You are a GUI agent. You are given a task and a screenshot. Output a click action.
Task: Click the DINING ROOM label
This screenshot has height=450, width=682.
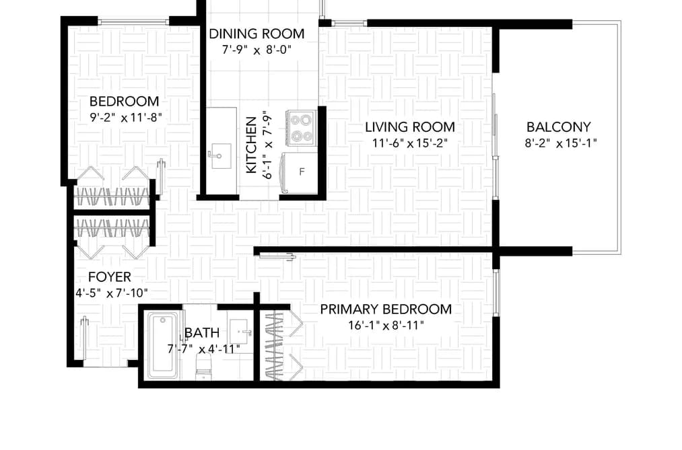pyautogui.click(x=257, y=34)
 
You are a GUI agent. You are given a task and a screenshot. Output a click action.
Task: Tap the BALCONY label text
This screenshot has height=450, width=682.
pyautogui.click(x=559, y=127)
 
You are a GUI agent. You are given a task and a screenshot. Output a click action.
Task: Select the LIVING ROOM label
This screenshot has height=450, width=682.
pyautogui.click(x=410, y=127)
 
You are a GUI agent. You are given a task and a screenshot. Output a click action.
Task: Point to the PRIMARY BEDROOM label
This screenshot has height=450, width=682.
pyautogui.click(x=386, y=309)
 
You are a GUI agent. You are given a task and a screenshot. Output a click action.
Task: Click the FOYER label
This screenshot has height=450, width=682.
pyautogui.click(x=110, y=276)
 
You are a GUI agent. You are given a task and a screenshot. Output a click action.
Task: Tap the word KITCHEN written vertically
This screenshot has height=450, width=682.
pyautogui.click(x=251, y=145)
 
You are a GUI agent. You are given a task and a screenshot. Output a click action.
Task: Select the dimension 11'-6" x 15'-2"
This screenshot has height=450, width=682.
pyautogui.click(x=410, y=143)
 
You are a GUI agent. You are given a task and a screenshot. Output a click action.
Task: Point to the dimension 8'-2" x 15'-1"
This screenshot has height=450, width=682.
pyautogui.click(x=561, y=143)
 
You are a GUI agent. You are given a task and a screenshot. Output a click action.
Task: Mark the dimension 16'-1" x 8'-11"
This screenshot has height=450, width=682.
pyautogui.click(x=386, y=325)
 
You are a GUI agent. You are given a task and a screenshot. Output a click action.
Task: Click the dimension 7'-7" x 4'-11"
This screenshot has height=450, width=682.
pyautogui.click(x=203, y=349)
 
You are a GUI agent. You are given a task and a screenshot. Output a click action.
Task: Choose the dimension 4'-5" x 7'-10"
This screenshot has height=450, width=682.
pyautogui.click(x=112, y=293)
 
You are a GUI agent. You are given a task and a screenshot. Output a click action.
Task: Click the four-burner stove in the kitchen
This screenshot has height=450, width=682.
pyautogui.click(x=300, y=128)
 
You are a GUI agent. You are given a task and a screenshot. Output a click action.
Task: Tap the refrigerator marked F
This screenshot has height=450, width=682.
pyautogui.click(x=299, y=172)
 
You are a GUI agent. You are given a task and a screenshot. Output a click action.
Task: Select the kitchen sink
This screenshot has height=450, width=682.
pyautogui.click(x=221, y=155)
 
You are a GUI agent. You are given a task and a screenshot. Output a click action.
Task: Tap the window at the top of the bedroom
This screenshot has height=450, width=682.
pyautogui.click(x=133, y=22)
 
